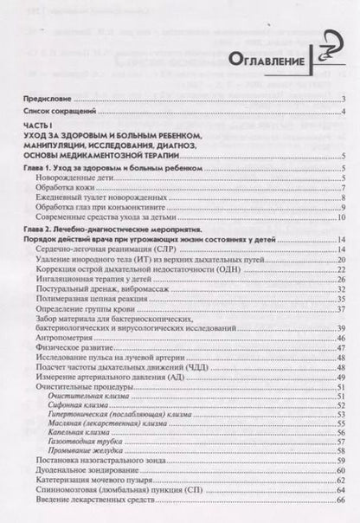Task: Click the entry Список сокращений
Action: click(63, 113)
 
